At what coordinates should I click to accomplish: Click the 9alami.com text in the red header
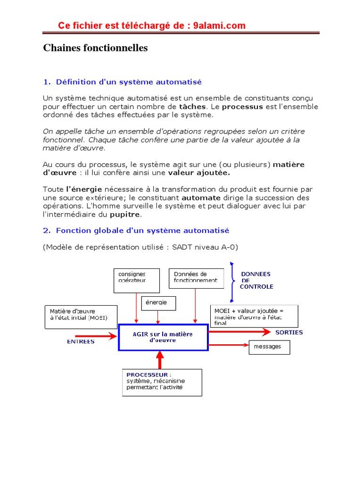[x=220, y=25]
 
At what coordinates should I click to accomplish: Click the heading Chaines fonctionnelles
[x=95, y=48]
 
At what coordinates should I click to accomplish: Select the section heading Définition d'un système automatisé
[x=129, y=82]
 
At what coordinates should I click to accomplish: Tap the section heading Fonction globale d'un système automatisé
[x=142, y=231]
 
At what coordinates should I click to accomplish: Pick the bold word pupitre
[x=125, y=215]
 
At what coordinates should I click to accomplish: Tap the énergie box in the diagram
[x=159, y=303]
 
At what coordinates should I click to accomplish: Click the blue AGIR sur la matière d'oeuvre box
[x=163, y=337]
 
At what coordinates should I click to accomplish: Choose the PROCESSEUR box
[x=162, y=382]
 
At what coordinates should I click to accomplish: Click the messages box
[x=269, y=347]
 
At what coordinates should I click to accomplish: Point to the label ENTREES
[x=81, y=341]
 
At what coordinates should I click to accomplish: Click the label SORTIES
[x=289, y=333]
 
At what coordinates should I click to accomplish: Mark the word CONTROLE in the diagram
[x=257, y=286]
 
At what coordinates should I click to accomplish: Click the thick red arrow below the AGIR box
[x=160, y=360]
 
